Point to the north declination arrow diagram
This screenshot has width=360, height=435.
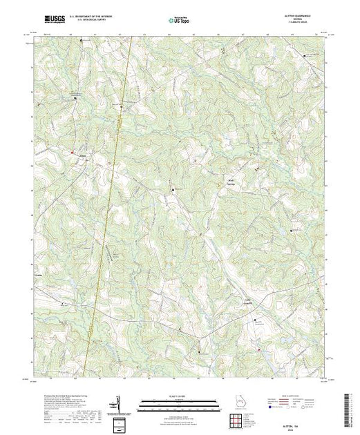point(120,402)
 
